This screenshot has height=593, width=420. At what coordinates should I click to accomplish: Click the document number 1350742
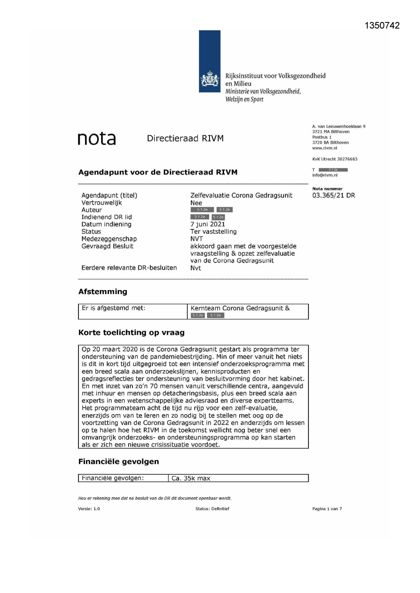coord(382,26)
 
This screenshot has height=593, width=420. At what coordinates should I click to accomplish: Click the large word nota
coord(97,139)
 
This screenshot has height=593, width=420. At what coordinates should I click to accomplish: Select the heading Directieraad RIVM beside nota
coord(185,138)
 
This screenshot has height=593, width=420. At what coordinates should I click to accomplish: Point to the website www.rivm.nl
coord(325,148)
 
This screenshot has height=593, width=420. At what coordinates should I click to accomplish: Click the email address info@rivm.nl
coord(325,175)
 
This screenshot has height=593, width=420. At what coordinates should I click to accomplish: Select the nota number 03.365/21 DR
coord(333,195)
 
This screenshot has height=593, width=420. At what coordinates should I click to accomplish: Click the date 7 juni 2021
coord(207,224)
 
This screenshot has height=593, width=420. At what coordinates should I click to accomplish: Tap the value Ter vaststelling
coord(213,232)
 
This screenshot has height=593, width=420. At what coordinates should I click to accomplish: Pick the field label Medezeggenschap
coord(109,239)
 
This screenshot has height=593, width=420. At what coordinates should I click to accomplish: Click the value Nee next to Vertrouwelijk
coord(196,203)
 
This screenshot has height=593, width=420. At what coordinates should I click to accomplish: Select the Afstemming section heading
coord(103,291)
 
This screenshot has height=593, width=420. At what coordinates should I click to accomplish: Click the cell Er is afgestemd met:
coord(113,308)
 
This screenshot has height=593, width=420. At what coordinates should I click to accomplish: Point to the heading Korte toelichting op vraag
coord(131,333)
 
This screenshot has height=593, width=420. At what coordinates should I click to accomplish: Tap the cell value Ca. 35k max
coord(191,478)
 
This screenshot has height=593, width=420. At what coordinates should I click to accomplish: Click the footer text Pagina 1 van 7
coord(327,509)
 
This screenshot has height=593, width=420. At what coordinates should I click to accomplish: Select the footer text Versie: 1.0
coord(89,509)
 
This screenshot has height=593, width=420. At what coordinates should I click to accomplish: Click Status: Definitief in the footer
coord(212,509)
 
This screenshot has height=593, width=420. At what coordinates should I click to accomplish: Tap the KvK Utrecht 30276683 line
coord(335,159)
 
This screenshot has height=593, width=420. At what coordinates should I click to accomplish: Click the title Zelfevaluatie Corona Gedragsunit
coord(241,195)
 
